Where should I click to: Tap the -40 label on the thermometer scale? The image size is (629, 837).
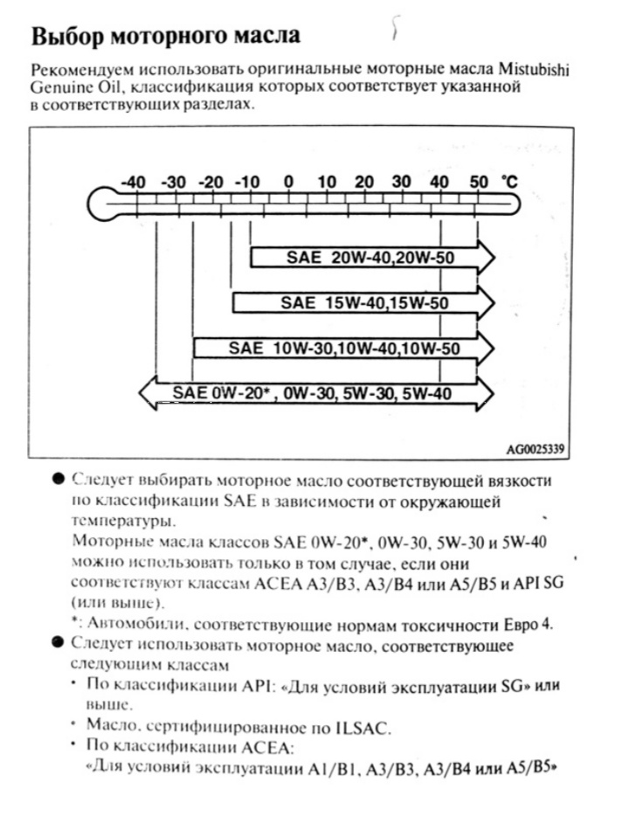click(x=132, y=182)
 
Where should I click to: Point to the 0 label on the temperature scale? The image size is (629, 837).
click(x=288, y=182)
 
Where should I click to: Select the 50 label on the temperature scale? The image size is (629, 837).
click(x=479, y=182)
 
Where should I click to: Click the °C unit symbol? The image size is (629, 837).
click(x=509, y=182)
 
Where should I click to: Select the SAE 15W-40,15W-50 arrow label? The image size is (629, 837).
click(x=364, y=303)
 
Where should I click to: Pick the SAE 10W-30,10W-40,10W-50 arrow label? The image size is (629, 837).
click(x=344, y=348)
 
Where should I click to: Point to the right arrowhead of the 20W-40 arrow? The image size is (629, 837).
click(x=485, y=258)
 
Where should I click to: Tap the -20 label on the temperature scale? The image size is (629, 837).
click(x=211, y=182)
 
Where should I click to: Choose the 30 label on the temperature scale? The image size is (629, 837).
click(x=402, y=182)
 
